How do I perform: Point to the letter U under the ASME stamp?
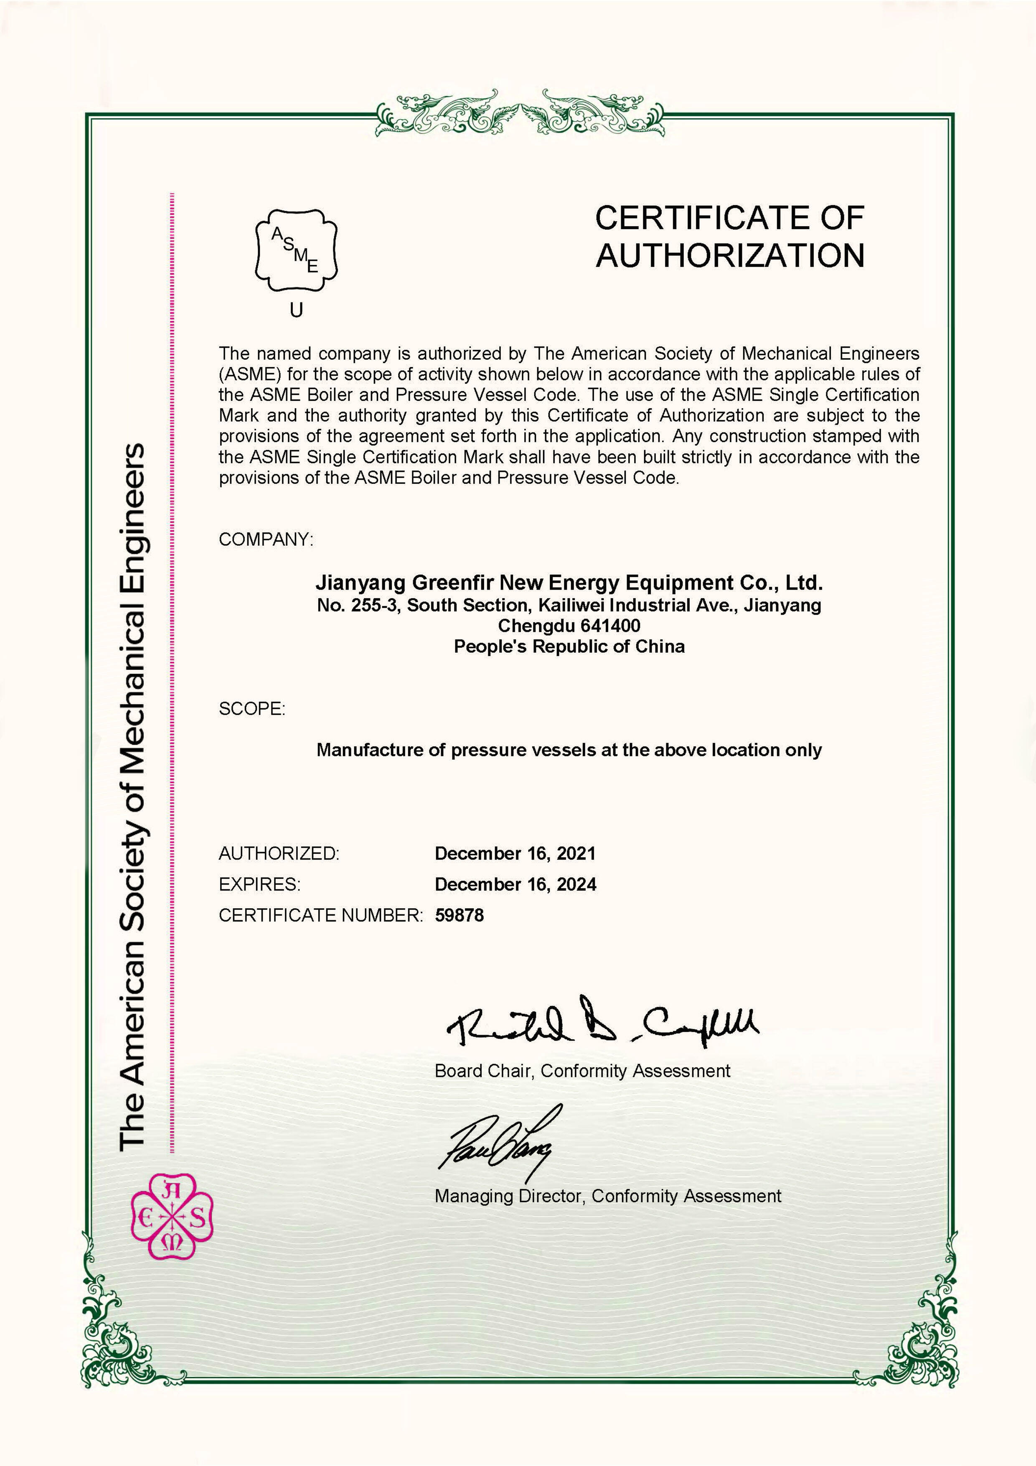pos(296,311)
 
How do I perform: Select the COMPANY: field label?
pos(266,540)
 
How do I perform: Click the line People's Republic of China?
pos(569,647)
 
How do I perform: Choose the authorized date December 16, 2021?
pos(515,854)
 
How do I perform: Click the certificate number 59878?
pos(460,916)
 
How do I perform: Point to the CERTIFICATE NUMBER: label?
pos(320,916)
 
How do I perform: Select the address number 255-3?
pos(375,605)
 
